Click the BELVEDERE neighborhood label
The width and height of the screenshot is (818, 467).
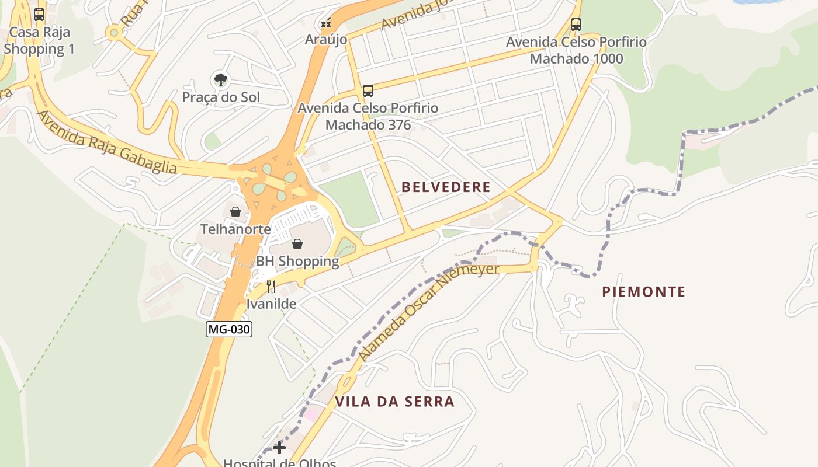click(x=446, y=187)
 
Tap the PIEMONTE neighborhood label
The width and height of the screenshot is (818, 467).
click(x=644, y=291)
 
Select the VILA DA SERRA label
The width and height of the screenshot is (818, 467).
click(x=394, y=402)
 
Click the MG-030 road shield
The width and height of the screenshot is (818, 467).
click(x=229, y=329)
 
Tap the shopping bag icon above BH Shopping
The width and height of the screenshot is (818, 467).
click(x=297, y=244)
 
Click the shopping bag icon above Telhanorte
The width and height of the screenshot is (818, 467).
click(x=235, y=212)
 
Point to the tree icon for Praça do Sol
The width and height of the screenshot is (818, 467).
click(x=220, y=79)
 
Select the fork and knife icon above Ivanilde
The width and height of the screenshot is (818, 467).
click(x=271, y=287)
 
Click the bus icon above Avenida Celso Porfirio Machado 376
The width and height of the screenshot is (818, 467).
click(x=368, y=91)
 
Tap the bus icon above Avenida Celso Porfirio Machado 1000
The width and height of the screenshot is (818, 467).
click(x=576, y=25)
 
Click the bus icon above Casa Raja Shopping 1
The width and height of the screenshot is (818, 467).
click(x=39, y=15)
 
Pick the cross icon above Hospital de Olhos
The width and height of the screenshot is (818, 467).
click(x=279, y=448)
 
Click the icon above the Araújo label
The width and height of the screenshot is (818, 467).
click(x=326, y=23)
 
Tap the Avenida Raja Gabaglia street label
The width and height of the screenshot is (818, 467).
click(x=106, y=142)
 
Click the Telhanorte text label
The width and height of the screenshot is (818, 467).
click(x=235, y=229)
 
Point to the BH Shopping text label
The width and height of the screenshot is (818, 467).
click(x=297, y=261)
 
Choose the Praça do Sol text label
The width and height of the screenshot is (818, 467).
click(x=221, y=97)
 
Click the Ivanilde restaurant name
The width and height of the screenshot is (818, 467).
click(x=271, y=304)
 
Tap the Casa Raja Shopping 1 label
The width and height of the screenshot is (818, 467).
click(x=39, y=40)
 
